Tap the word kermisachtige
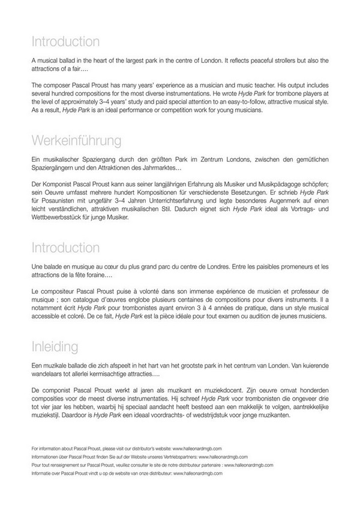tap(95, 373)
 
